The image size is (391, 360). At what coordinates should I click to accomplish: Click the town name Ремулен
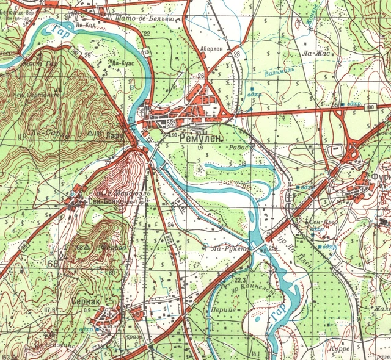point(200,139)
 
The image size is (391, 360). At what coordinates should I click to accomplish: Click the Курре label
point(340,348)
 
